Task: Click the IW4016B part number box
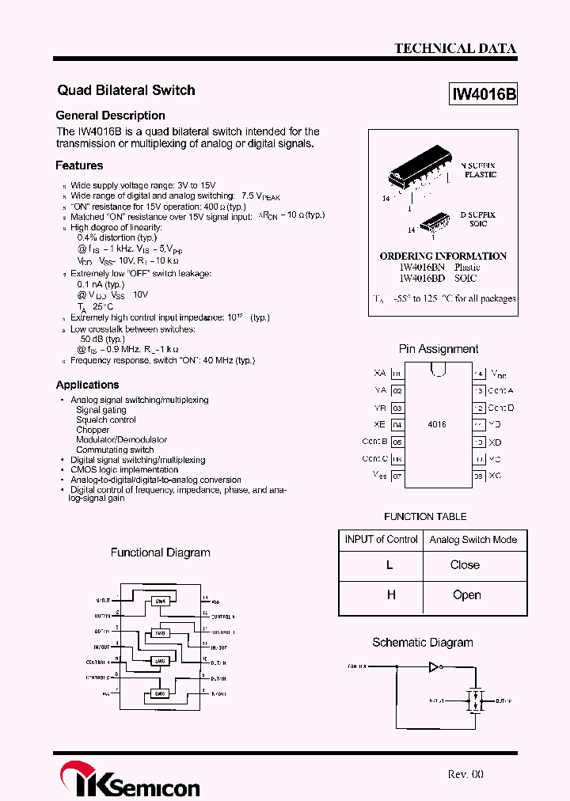[484, 94]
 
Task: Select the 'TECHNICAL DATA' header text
[455, 48]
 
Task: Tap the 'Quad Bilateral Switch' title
[126, 90]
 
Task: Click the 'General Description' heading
[110, 116]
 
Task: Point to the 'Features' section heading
[79, 165]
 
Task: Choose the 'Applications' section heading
[87, 385]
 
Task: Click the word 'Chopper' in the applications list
[93, 430]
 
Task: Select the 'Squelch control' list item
[106, 419]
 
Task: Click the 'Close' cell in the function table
[465, 565]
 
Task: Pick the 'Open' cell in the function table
[466, 594]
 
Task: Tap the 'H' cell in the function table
[390, 594]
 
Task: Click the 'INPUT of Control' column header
[381, 540]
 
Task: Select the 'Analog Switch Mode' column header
[473, 540]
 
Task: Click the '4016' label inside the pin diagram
[437, 424]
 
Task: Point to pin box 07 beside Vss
[397, 476]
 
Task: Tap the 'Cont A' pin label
[500, 390]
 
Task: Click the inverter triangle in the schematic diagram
[433, 667]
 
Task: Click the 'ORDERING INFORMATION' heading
[443, 256]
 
